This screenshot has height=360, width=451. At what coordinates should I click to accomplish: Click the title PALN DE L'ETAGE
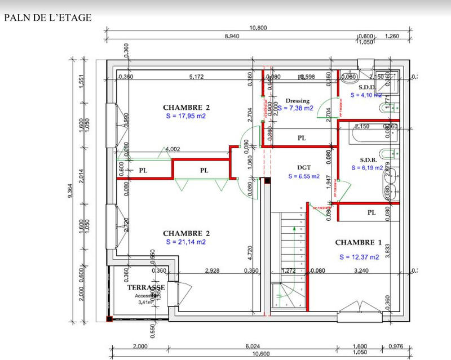tap(47, 17)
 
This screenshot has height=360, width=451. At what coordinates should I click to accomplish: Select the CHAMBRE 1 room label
tap(359, 243)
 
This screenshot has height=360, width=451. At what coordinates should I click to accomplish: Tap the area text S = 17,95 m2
tap(186, 117)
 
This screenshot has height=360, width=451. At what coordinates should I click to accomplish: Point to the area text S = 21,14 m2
tap(186, 242)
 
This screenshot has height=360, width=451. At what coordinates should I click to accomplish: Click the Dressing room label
tap(298, 101)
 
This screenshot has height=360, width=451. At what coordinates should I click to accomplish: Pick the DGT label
tap(304, 167)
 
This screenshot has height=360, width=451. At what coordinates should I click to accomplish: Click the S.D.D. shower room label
tap(367, 87)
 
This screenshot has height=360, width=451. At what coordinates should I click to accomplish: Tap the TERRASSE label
tap(146, 287)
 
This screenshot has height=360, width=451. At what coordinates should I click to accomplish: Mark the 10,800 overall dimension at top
tap(258, 28)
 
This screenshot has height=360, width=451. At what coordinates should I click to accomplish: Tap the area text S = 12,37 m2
tap(359, 257)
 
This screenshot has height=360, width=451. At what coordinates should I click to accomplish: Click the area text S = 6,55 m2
tap(304, 176)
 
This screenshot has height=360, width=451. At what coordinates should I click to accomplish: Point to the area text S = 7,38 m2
tap(295, 108)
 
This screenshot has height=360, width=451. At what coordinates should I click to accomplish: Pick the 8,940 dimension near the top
tap(235, 37)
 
